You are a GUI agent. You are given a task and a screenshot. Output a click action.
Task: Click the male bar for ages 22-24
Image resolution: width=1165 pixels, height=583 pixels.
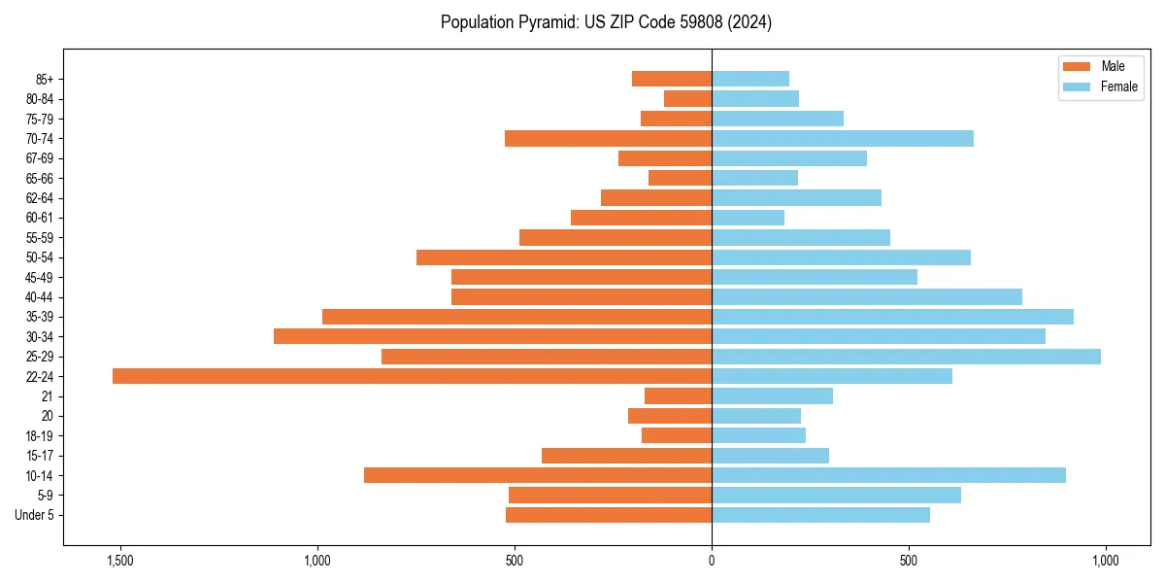412,376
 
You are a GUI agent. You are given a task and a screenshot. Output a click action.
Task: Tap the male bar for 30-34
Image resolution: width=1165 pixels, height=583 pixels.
492,336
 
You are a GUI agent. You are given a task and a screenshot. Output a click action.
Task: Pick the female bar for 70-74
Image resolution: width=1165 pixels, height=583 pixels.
843,139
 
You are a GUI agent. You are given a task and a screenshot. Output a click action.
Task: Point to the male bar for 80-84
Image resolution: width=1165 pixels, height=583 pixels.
687,99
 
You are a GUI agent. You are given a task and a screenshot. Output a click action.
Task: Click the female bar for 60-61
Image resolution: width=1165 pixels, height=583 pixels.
748,218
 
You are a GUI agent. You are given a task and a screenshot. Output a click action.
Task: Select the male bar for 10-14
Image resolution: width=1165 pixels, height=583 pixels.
538,475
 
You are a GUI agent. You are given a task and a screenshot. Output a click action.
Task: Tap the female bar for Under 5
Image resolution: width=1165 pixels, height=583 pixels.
820,515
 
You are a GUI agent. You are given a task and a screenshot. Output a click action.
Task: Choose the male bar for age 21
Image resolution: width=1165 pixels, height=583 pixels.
678,396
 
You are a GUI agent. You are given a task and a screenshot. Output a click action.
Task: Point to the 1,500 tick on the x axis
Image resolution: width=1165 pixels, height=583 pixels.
121,561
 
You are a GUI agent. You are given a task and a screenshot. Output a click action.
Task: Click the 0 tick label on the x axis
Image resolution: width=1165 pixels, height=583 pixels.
712,561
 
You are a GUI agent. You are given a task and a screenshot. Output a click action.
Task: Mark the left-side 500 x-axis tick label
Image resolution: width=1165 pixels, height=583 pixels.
515,561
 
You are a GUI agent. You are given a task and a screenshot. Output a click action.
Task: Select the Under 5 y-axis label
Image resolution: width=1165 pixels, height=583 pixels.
35,515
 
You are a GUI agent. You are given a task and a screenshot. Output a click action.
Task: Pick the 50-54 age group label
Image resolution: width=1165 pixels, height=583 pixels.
39,257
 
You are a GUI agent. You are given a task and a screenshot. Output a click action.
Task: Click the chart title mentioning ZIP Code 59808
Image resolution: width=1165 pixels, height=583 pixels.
606,22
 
